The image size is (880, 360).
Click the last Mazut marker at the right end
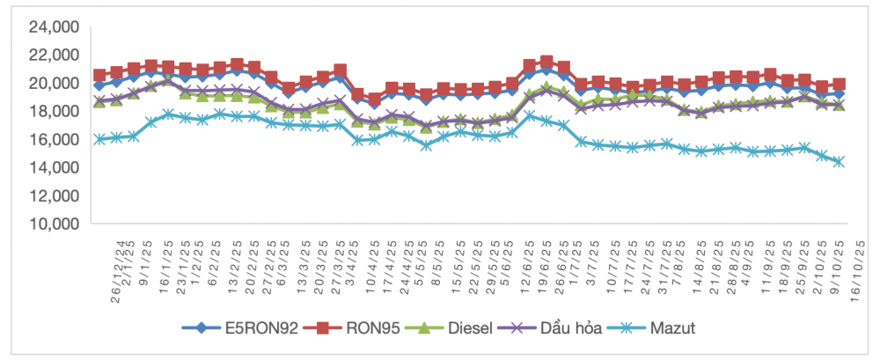coord(839,162)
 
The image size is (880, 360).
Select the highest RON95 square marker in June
coord(546,62)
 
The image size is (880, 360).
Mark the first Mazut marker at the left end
coord(99,139)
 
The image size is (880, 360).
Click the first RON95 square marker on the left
coord(99,76)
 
